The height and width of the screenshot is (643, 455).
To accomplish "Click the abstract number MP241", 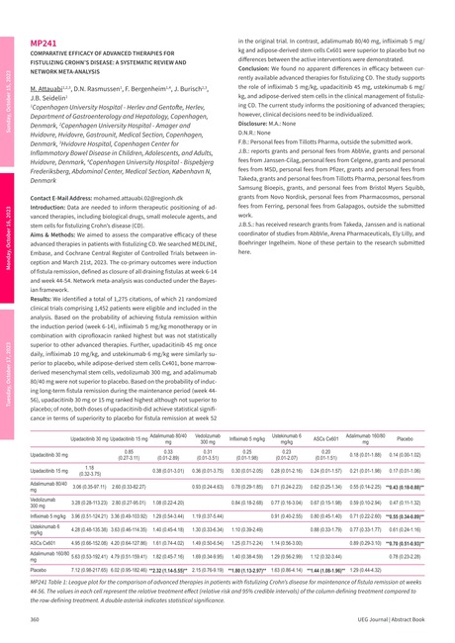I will click(43, 45).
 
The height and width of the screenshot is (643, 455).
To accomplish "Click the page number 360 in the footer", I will click(36, 619).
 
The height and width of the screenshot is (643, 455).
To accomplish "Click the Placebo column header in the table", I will click(404, 436).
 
